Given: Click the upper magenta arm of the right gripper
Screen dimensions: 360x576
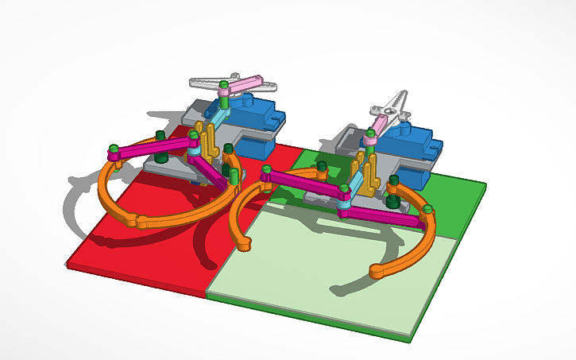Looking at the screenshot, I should [x=302, y=181].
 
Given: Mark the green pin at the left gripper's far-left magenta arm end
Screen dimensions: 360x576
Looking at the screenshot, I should [x=114, y=149].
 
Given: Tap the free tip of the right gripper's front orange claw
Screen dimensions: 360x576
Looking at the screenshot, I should [x=376, y=273].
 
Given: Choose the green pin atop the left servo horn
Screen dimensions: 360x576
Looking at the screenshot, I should [x=224, y=83].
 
